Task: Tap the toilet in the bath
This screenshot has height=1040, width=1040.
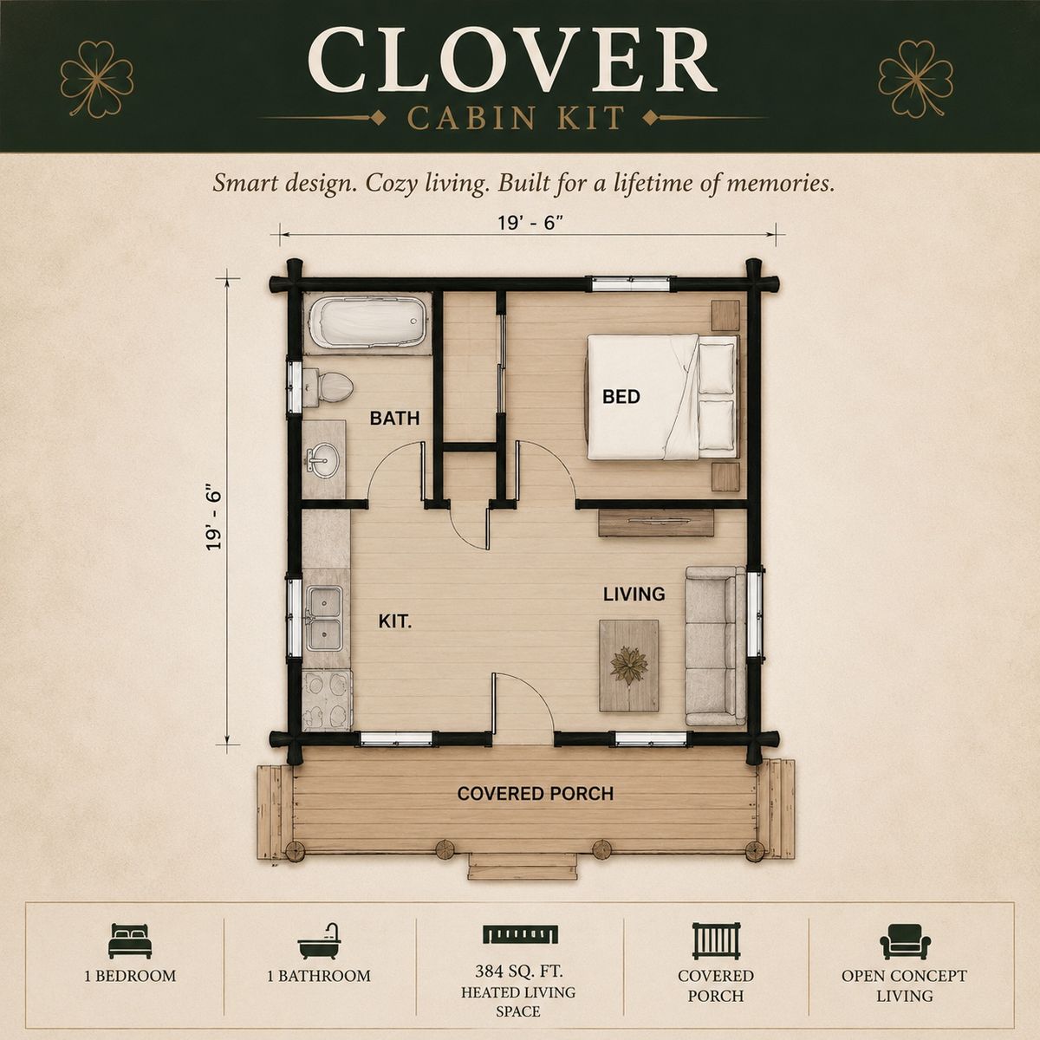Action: [328, 387]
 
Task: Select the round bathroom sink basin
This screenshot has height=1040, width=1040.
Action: [322, 460]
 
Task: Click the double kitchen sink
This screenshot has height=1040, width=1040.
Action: [324, 619]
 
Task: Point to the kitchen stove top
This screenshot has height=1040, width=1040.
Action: [327, 699]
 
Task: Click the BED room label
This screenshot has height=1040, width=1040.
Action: [621, 397]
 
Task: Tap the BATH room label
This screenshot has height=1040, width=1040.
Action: [394, 418]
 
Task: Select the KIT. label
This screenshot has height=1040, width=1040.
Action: [395, 621]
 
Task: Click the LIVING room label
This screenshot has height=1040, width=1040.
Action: [634, 595]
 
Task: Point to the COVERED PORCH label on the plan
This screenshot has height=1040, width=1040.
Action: [536, 793]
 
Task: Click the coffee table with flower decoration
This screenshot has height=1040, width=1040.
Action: [628, 666]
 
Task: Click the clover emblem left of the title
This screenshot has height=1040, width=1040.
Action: [97, 79]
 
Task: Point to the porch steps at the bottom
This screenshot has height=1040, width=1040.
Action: [523, 868]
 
